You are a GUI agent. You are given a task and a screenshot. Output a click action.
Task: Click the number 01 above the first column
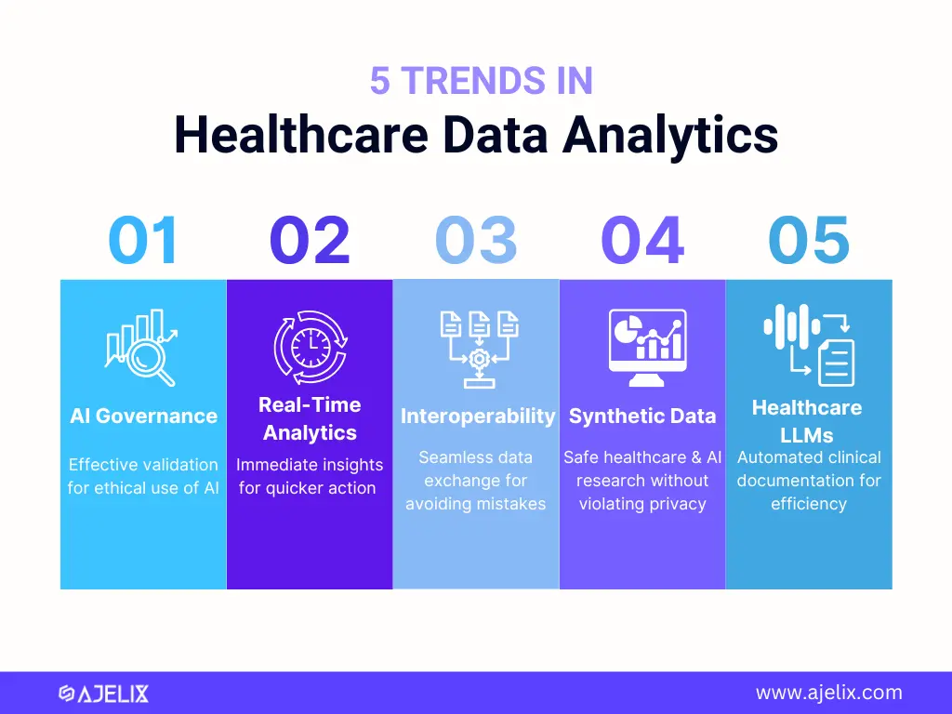point(143,241)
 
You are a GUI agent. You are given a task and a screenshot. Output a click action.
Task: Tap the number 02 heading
point(310,241)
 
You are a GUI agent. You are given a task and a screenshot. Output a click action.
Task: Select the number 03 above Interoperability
point(476,241)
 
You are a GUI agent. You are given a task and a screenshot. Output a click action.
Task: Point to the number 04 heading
point(642,241)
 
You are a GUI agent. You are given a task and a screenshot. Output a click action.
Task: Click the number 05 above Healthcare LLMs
point(809,241)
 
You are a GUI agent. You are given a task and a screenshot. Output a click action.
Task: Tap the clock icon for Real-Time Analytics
point(311,348)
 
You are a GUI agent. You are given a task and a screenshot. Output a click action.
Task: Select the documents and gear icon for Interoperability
point(479,350)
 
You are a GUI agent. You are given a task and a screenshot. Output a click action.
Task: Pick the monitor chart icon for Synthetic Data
point(648,348)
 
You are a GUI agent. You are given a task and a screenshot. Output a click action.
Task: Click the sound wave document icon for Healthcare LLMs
point(810,345)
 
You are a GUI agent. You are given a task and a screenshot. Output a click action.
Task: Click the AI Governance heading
point(144,416)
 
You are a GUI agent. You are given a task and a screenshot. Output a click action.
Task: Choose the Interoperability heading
point(478,416)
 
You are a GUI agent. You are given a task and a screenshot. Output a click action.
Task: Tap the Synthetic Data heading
point(642,416)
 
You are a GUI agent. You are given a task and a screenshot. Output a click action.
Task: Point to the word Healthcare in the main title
point(302,135)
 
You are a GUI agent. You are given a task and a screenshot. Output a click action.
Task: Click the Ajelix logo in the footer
point(104,694)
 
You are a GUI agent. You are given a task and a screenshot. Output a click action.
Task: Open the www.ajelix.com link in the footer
point(828,693)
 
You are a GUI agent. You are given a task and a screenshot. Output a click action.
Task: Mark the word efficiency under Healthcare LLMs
point(809,504)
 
